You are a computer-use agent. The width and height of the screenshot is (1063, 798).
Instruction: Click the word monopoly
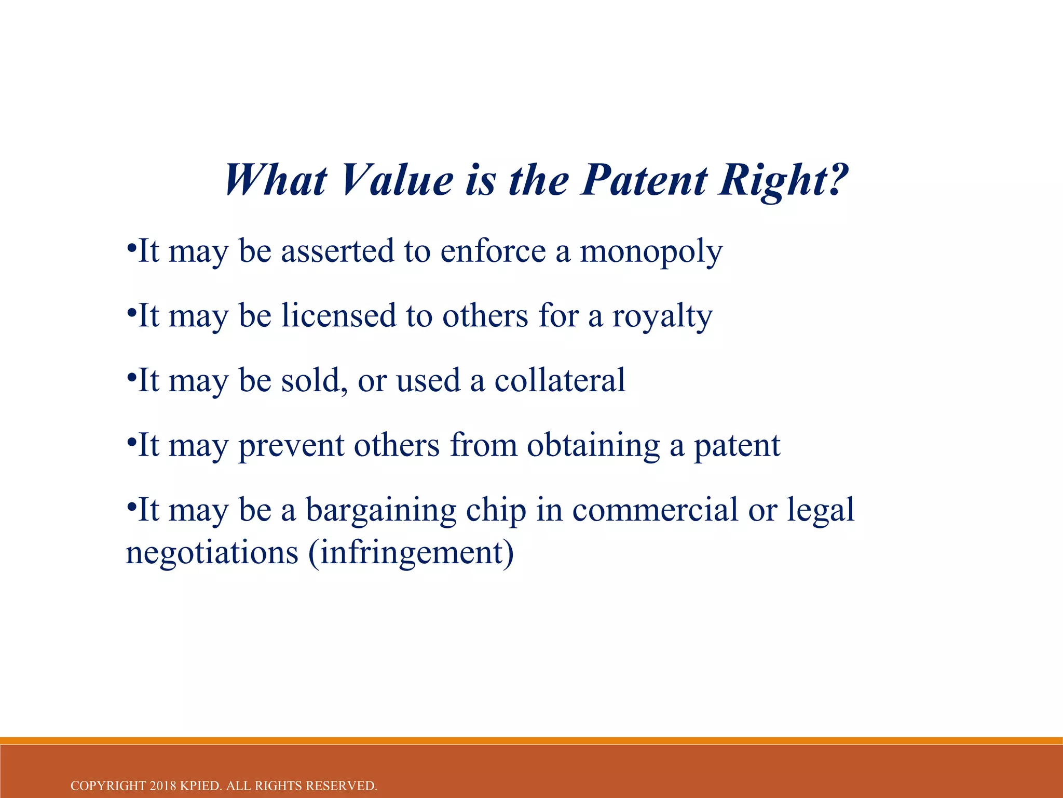[x=651, y=252]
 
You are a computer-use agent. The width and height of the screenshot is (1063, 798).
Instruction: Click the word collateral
[x=560, y=380]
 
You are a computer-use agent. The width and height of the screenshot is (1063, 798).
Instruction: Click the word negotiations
[x=212, y=553]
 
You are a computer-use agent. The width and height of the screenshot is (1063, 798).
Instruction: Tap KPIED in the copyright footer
[x=201, y=786]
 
